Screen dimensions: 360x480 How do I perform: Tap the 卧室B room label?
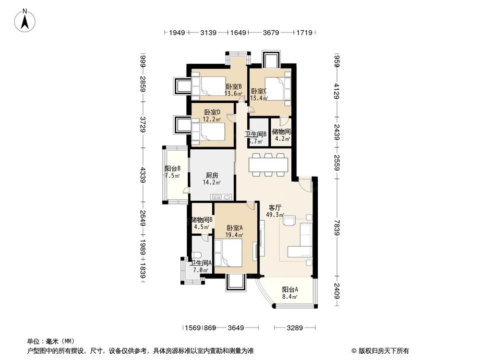click(233, 87)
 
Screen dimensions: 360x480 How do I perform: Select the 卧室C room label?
click(259, 91)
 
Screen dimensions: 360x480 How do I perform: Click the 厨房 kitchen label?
click(212, 175)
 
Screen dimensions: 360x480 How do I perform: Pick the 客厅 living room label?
click(275, 208)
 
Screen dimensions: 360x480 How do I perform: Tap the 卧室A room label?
click(235, 228)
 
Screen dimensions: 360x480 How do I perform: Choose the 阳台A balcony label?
click(289, 289)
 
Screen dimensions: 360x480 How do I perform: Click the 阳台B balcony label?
click(172, 168)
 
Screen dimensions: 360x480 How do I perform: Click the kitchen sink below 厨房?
click(221, 196)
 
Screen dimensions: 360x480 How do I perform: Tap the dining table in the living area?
click(268, 164)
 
